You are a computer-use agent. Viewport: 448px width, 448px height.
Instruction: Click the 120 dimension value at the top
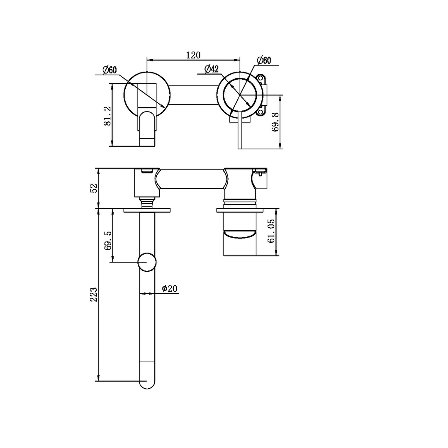click(193, 55)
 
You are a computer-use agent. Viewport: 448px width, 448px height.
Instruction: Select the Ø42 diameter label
click(211, 69)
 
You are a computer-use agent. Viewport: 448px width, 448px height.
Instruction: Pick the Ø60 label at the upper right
click(263, 61)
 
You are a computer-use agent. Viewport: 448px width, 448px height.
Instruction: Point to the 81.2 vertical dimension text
click(107, 116)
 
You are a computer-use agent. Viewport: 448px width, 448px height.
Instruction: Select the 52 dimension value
click(93, 188)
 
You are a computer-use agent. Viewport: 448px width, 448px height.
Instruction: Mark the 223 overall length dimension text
click(94, 294)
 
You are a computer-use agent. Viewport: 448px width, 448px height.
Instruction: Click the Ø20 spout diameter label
click(170, 288)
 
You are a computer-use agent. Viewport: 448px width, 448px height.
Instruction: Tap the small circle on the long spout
click(147, 262)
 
